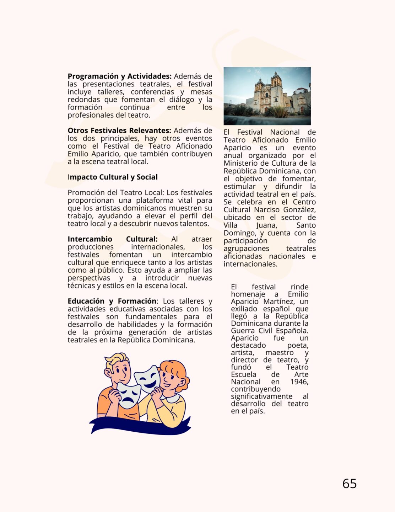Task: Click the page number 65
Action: tap(350, 484)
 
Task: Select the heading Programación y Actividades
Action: tap(120, 76)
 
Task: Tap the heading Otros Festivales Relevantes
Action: tap(119, 130)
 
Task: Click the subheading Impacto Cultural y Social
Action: tap(113, 177)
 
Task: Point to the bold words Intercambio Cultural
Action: tap(112, 239)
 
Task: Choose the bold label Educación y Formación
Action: tap(112, 301)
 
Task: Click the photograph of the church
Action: tap(267, 96)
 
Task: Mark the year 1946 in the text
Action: tap(299, 382)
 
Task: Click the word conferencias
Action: tap(152, 92)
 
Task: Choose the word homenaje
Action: tap(248, 294)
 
